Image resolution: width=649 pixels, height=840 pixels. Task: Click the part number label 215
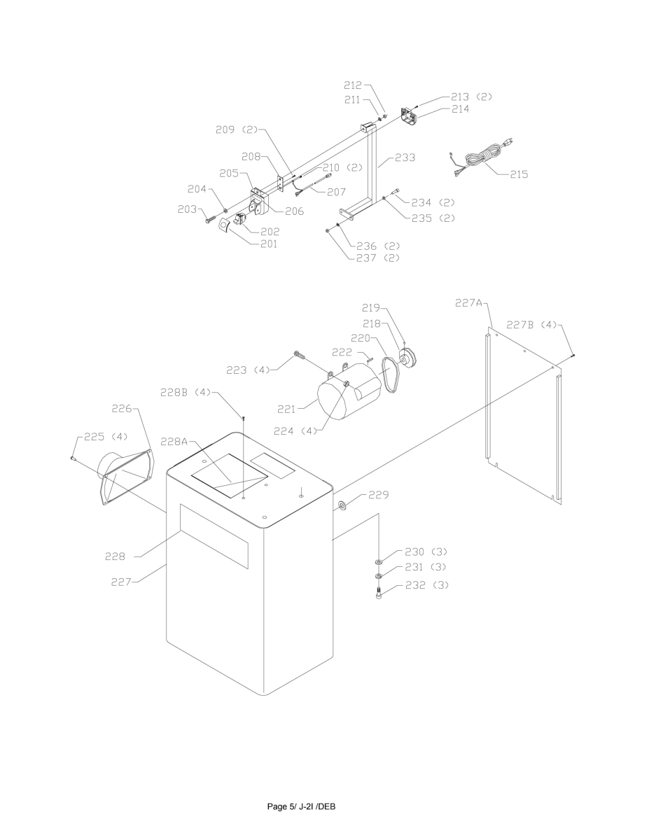pos(519,174)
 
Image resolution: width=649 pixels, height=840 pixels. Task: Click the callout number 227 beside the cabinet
pos(123,580)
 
